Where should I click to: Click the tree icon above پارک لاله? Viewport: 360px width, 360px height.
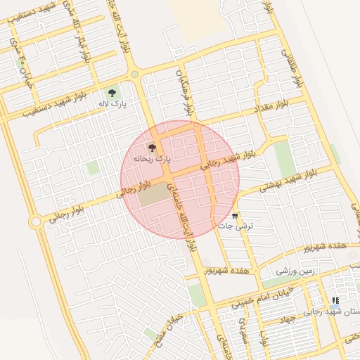pyautogui.click(x=112, y=92)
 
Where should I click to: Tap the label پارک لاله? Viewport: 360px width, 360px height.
pyautogui.click(x=112, y=104)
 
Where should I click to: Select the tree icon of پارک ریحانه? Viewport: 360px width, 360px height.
pyautogui.click(x=152, y=148)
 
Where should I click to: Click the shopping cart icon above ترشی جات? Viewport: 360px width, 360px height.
pyautogui.click(x=235, y=215)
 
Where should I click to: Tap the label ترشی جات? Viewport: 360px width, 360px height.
pyautogui.click(x=235, y=226)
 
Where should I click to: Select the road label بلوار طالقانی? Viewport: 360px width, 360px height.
pyautogui.click(x=292, y=67)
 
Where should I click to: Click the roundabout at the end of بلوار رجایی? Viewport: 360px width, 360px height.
pyautogui.click(x=35, y=222)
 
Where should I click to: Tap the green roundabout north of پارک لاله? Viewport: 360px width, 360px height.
pyautogui.click(x=134, y=74)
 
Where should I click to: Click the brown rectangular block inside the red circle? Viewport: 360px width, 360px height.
pyautogui.click(x=154, y=195)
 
